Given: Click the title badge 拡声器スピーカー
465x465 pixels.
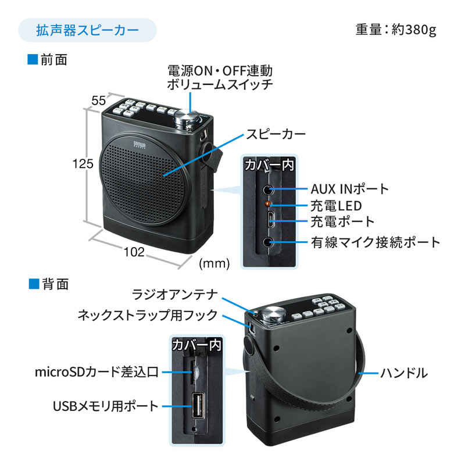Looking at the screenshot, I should [x=87, y=30].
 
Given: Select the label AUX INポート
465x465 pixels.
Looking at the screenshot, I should [x=349, y=189].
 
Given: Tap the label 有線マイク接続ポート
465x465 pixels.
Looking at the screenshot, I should [x=375, y=242].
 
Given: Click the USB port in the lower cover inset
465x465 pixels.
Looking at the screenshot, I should [x=196, y=406].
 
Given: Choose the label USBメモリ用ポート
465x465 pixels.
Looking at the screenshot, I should [x=105, y=406].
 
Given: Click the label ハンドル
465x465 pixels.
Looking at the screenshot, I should [x=404, y=373].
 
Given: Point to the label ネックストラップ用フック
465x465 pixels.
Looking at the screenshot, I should [x=148, y=315].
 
